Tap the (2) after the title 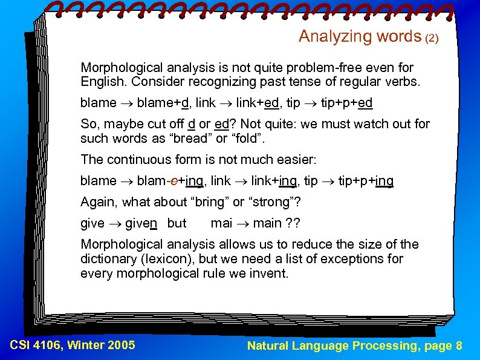432,38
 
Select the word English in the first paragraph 103,82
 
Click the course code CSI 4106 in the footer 36,345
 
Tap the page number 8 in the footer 459,345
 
